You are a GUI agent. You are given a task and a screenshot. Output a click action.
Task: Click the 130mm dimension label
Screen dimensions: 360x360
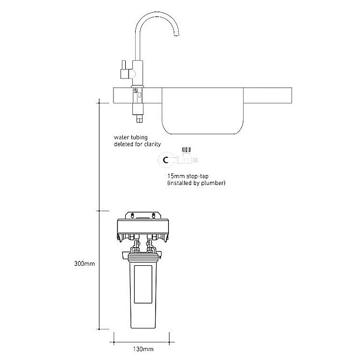(143, 349)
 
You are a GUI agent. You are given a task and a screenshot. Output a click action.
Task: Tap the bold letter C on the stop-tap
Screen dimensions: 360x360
(166, 161)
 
